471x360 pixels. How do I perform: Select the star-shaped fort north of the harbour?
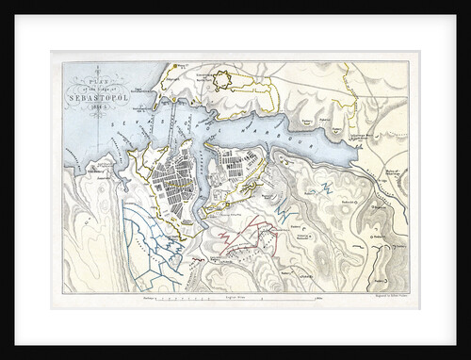tap(221, 82)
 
